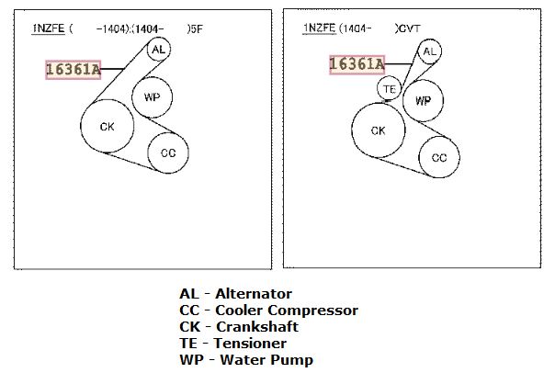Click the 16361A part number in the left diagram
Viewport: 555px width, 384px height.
coord(74,70)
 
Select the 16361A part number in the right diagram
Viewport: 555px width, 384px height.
coord(357,65)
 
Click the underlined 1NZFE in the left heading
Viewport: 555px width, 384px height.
coord(49,28)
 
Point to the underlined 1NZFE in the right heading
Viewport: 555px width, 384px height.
coord(319,28)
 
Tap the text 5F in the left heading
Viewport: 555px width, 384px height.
coord(197,28)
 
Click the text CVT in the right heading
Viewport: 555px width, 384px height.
coord(410,28)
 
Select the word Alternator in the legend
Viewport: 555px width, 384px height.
coord(254,293)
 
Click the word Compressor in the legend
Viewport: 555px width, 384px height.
coord(313,311)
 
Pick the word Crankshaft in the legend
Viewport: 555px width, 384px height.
coord(257,327)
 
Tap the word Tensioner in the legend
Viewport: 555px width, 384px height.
coord(250,343)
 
